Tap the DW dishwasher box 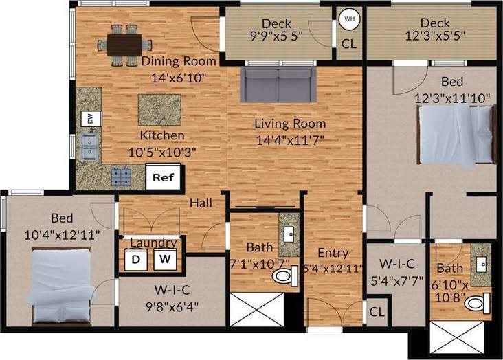coord(89,118)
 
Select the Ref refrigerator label coord(163,177)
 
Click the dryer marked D coord(135,260)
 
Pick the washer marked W coord(164,260)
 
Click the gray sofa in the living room coord(278,85)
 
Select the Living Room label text coord(290,124)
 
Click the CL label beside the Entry coord(376,311)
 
